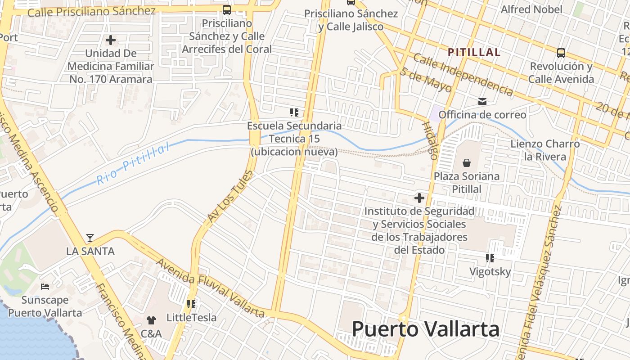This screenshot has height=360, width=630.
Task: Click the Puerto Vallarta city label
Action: tap(425, 329)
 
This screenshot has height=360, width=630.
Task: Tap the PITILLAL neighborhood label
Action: tap(474, 52)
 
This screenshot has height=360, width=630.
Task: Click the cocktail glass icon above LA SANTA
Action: tap(90, 238)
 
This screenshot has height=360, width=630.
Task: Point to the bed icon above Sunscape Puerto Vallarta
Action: tap(45, 286)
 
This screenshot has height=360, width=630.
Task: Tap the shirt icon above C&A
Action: tap(151, 320)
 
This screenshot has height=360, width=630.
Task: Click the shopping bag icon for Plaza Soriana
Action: tap(467, 162)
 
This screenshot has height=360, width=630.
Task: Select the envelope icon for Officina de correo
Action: tap(482, 102)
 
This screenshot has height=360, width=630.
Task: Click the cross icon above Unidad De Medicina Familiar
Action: tap(111, 40)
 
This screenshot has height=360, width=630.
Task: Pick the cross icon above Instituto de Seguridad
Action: tap(419, 198)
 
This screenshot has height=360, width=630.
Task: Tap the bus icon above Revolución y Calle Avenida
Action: tap(561, 53)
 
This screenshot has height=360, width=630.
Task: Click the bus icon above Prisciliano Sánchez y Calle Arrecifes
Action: tap(227, 9)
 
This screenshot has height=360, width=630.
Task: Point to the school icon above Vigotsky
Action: tap(490, 258)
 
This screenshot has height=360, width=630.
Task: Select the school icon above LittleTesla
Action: tap(192, 304)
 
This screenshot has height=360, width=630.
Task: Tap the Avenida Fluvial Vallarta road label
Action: tap(210, 288)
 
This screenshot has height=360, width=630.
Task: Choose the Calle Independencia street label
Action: tap(463, 74)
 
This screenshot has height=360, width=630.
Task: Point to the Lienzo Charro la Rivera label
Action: tap(545, 150)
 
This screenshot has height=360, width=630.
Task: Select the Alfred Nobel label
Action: tap(531, 9)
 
